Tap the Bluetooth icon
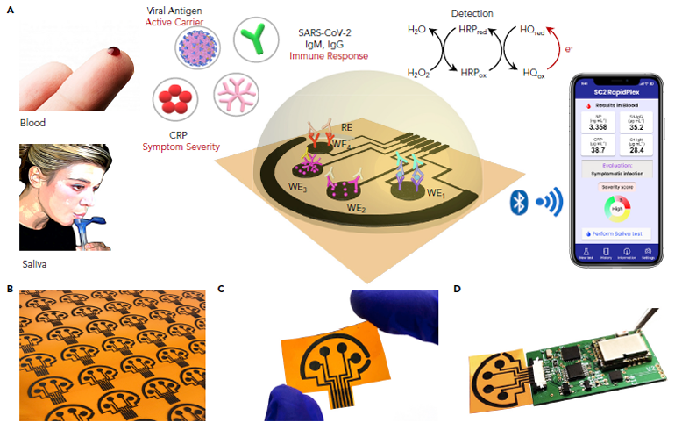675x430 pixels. [518, 203]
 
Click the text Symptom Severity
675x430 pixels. [188, 146]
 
